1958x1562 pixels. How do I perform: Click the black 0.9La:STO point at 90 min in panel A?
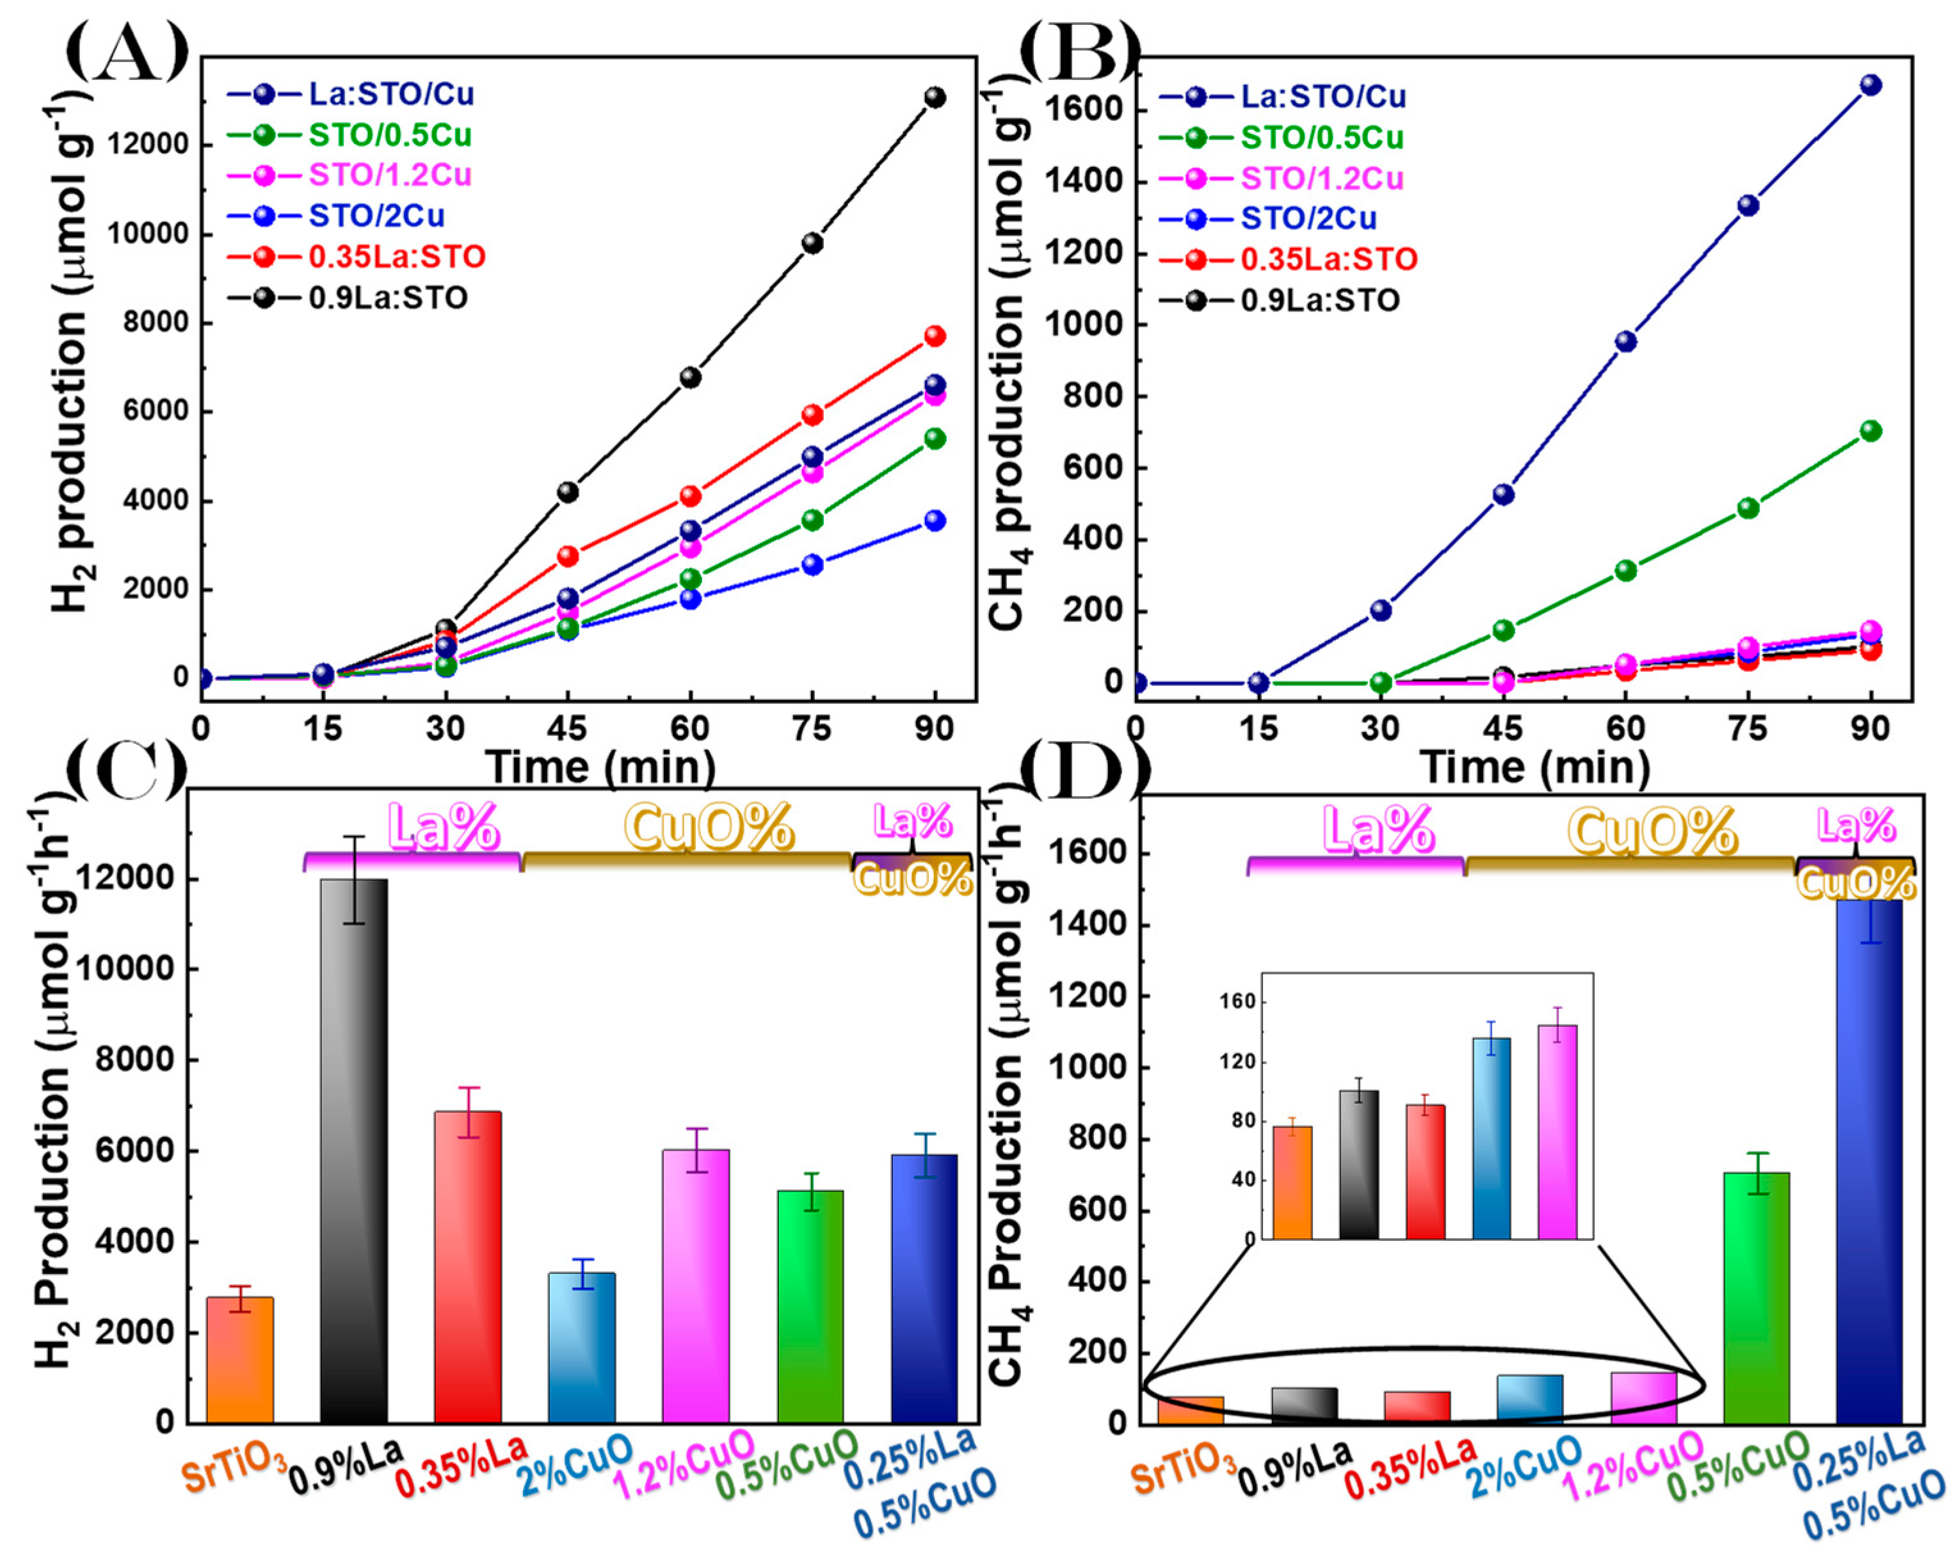935,97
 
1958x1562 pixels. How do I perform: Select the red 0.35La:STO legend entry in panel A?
397,257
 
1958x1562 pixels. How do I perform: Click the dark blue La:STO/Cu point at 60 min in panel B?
1626,342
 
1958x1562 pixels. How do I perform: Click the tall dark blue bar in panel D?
1868,1163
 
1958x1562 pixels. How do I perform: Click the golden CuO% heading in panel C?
709,827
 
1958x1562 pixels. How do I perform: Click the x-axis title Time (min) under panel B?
1535,767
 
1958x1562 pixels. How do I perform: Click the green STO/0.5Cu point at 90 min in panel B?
1870,431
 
